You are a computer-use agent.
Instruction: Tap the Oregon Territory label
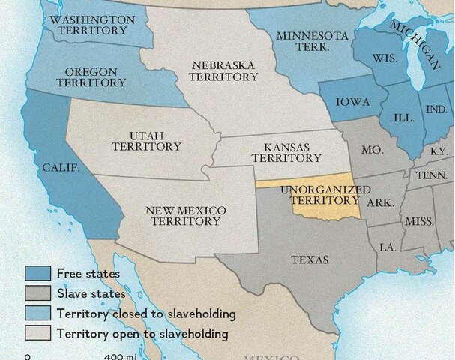(91, 77)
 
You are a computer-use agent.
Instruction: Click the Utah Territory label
(145, 141)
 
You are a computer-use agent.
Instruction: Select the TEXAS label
(309, 260)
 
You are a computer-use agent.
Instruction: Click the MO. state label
(372, 150)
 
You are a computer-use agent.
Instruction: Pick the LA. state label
(388, 247)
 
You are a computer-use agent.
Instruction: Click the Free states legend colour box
(37, 274)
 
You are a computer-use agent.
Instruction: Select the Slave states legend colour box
(37, 293)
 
